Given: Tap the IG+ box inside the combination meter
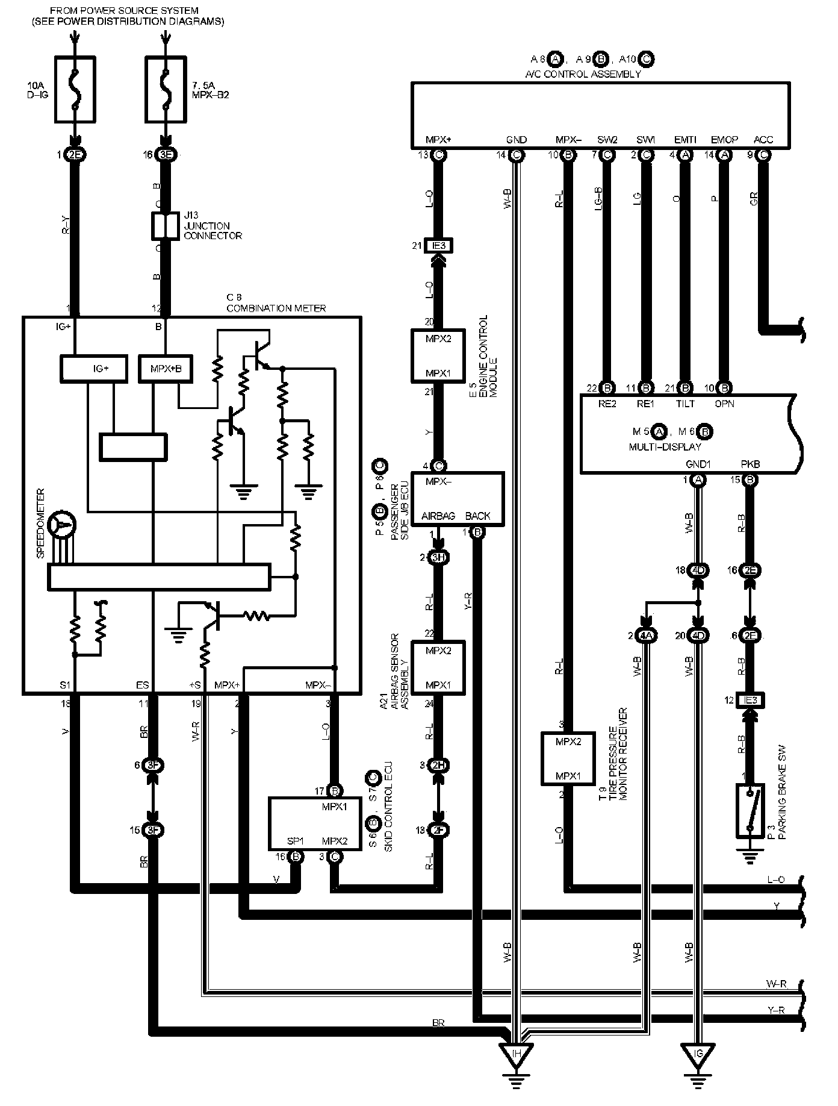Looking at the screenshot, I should point(94,369).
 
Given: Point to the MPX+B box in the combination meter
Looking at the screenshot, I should point(166,369).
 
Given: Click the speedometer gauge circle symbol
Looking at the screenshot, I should point(61,525).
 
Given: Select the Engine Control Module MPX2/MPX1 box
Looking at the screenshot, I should point(438,355).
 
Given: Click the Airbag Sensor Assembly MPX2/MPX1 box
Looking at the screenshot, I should point(438,667).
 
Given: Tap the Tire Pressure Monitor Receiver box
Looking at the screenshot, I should point(568,758).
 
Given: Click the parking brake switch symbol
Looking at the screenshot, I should point(750,810).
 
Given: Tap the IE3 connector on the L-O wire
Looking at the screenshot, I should point(439,245).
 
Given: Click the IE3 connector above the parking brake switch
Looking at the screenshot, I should point(750,700).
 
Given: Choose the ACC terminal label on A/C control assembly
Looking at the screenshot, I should point(763,140).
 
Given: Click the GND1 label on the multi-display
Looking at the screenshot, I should point(698,464).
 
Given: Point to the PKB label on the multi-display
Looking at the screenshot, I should point(750,464).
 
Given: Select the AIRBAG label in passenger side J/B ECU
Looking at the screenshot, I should point(438,516).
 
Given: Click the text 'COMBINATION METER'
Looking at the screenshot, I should point(276,308).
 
